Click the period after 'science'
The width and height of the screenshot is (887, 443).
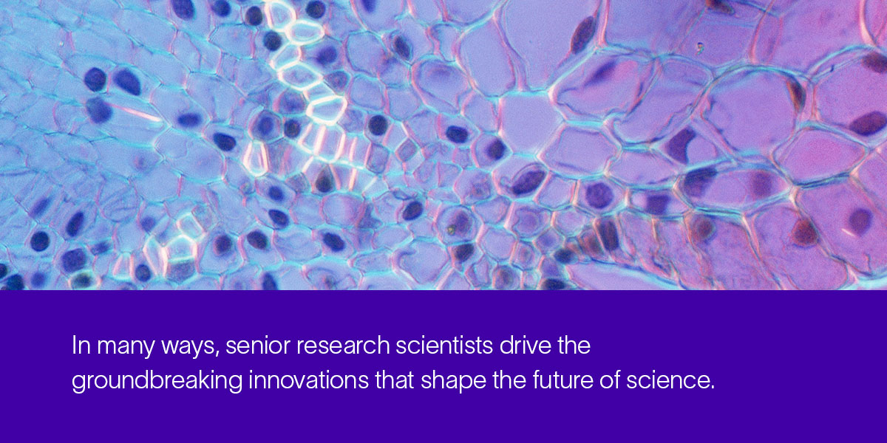pos(713,388)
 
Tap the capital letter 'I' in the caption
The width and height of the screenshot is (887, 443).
pos(74,346)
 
